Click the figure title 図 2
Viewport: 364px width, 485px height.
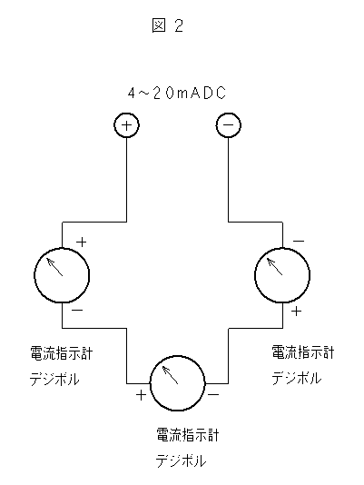pyautogui.click(x=168, y=25)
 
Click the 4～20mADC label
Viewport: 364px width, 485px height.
pyautogui.click(x=177, y=93)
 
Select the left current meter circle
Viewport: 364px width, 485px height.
pyautogui.click(x=34, y=275)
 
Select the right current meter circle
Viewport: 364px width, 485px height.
pyautogui.click(x=254, y=275)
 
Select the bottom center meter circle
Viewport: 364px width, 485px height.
pyautogui.click(x=150, y=383)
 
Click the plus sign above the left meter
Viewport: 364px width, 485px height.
pyautogui.click(x=82, y=242)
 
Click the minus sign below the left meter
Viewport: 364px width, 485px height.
pyautogui.click(x=77, y=310)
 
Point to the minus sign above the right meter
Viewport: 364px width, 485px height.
pyautogui.click(x=299, y=241)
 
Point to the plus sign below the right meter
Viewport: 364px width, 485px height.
pyautogui.click(x=296, y=311)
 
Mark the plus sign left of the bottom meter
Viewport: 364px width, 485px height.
pyautogui.click(x=141, y=395)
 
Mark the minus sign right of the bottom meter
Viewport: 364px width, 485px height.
pyautogui.click(x=213, y=394)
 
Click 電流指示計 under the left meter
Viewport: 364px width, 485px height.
pyautogui.click(x=61, y=353)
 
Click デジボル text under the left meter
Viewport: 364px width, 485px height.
pyautogui.click(x=54, y=379)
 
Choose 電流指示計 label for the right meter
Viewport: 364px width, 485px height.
pyautogui.click(x=303, y=352)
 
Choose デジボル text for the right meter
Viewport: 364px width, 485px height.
pyautogui.click(x=297, y=378)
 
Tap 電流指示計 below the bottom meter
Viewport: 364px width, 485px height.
pyautogui.click(x=188, y=435)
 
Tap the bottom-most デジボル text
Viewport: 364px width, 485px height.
pyautogui.click(x=181, y=461)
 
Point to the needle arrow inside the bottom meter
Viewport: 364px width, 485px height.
pyautogui.click(x=170, y=375)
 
